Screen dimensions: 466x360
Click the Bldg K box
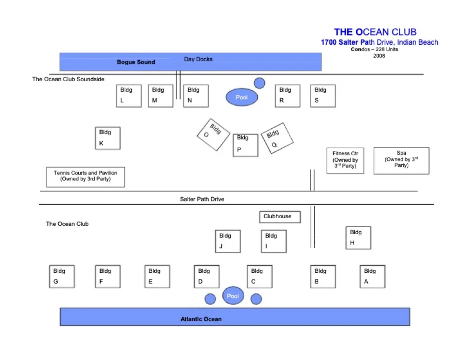tap(108, 138)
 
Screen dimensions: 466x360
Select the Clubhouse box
tap(280, 217)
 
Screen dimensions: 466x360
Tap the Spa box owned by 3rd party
tap(401, 161)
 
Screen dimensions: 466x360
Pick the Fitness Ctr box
tap(345, 161)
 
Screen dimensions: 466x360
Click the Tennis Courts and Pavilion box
tap(86, 177)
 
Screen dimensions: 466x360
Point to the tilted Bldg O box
tap(213, 135)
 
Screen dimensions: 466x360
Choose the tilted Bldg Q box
tap(277, 138)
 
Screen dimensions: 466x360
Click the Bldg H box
tap(358, 238)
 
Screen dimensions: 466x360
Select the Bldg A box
tap(372, 277)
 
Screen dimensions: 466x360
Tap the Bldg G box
tap(62, 277)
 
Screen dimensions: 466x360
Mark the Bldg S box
tap(323, 96)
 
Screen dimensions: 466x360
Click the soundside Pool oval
tap(241, 97)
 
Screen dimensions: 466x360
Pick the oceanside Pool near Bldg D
tap(233, 296)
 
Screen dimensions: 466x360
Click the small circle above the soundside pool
tap(260, 83)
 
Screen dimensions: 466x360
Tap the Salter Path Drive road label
tap(202, 199)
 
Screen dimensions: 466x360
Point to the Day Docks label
tap(198, 59)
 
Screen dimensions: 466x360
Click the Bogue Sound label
tap(136, 62)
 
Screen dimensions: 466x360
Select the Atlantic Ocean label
tap(201, 319)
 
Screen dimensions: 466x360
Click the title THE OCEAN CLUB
tap(375, 32)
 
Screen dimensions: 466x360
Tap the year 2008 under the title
tap(379, 56)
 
